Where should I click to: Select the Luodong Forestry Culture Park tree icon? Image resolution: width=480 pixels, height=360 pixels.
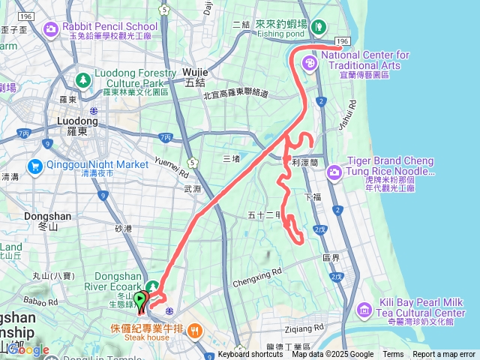point(83,79)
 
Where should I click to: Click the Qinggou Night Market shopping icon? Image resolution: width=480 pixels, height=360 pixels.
point(34,165)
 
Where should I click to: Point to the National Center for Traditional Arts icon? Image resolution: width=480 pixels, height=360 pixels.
point(308,64)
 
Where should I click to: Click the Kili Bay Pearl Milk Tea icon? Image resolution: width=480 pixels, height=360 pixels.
point(363,308)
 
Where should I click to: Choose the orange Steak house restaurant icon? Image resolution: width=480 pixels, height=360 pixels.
point(193,329)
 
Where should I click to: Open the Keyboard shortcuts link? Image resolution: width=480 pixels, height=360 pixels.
point(250,355)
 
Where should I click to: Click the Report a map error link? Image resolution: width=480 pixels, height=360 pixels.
point(444,355)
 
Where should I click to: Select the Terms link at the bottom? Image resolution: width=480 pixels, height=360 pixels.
point(393,355)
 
